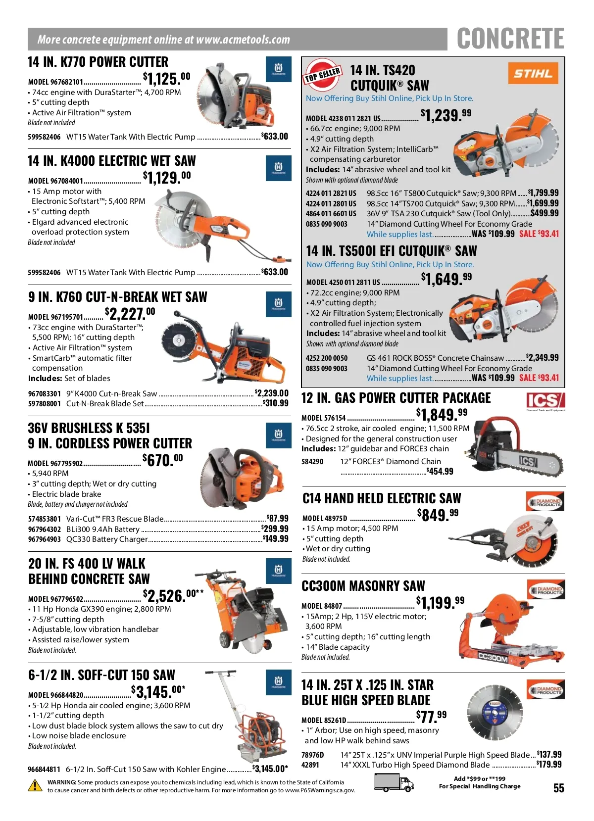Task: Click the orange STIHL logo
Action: (x=533, y=73)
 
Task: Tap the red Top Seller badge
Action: (x=322, y=74)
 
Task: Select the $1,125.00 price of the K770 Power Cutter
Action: (x=166, y=78)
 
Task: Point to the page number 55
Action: (x=558, y=788)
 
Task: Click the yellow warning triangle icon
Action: (x=35, y=785)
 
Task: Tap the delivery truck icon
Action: (x=394, y=782)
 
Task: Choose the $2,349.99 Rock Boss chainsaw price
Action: (x=543, y=357)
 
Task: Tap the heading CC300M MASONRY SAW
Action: (x=363, y=586)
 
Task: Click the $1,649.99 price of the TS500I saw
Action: (x=446, y=279)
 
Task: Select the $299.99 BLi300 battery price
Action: (x=275, y=529)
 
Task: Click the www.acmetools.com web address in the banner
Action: (x=243, y=39)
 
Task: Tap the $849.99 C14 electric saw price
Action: (x=438, y=515)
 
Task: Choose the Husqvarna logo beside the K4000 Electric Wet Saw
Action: (x=278, y=168)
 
